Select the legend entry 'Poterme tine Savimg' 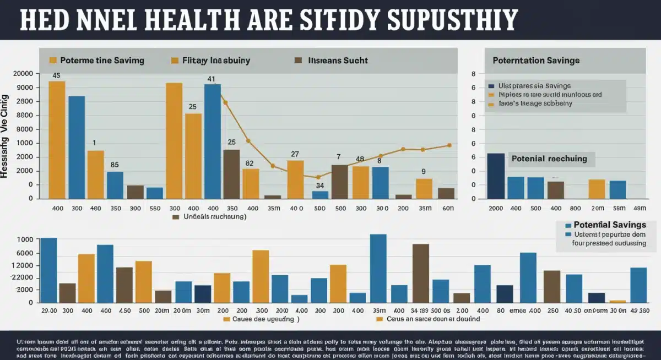[x=102, y=61]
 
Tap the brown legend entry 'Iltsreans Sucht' [x=338, y=61]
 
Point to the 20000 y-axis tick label [x=22, y=74]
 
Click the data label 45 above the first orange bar [x=56, y=75]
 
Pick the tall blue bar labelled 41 [x=212, y=140]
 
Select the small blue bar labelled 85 [x=115, y=185]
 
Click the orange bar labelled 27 [x=295, y=179]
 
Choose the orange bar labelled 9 [x=424, y=188]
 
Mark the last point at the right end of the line [x=449, y=145]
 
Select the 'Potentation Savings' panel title [x=535, y=61]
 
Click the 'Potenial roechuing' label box [x=549, y=159]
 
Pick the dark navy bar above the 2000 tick [x=496, y=176]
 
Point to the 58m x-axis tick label [x=619, y=208]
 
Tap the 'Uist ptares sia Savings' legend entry [x=534, y=86]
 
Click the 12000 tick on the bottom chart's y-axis [x=24, y=266]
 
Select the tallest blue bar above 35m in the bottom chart [x=378, y=268]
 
